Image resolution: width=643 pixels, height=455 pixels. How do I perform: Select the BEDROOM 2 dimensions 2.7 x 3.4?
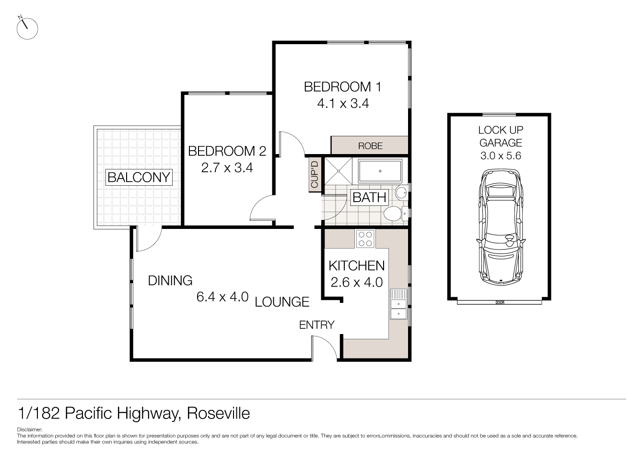point(227,168)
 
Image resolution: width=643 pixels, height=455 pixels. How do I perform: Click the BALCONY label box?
point(139,177)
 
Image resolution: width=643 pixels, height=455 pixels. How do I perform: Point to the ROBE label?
point(370,145)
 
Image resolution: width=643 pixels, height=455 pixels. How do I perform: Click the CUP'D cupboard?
point(315,174)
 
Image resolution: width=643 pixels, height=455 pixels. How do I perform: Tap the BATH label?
point(369,197)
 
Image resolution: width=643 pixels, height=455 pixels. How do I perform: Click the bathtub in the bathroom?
point(380,171)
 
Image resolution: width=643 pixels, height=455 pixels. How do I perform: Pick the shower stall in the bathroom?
point(339,171)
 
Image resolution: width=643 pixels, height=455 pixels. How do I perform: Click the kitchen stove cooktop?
point(365,239)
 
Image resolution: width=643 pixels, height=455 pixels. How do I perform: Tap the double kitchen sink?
point(397,304)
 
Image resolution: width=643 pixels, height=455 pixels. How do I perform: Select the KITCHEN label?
point(356,265)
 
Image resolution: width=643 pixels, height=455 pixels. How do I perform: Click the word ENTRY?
point(316,325)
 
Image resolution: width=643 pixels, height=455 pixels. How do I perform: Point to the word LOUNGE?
point(282,302)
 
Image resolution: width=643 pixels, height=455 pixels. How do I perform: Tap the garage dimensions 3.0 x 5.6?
point(501,156)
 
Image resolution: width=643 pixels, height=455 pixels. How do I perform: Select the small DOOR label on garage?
point(500,302)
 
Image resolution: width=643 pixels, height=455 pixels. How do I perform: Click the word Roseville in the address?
point(218,413)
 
